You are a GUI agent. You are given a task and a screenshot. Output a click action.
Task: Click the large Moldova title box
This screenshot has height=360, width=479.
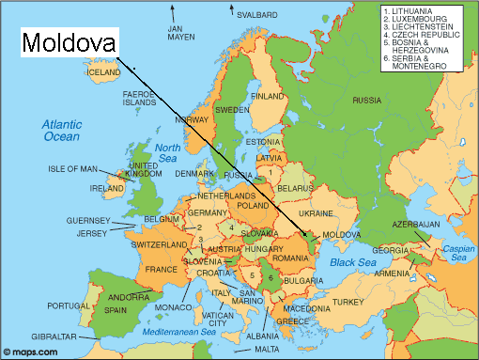pos(70,42)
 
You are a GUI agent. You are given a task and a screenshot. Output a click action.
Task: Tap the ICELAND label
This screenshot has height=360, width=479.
pos(103,71)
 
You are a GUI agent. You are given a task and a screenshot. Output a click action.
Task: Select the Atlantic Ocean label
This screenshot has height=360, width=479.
pos(62,130)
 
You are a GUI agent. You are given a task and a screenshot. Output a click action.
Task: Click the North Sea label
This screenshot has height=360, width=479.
pos(167,153)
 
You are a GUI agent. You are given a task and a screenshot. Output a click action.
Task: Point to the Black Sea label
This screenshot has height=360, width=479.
pos(353,262)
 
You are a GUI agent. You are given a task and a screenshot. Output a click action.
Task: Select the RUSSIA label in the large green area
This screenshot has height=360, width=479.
pos(367,99)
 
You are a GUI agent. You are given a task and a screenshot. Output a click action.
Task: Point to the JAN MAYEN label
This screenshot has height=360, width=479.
pos(179,34)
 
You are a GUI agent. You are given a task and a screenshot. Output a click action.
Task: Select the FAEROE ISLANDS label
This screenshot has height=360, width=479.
pos(145,99)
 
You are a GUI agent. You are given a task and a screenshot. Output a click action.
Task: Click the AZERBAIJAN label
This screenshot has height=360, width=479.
pos(416,224)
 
